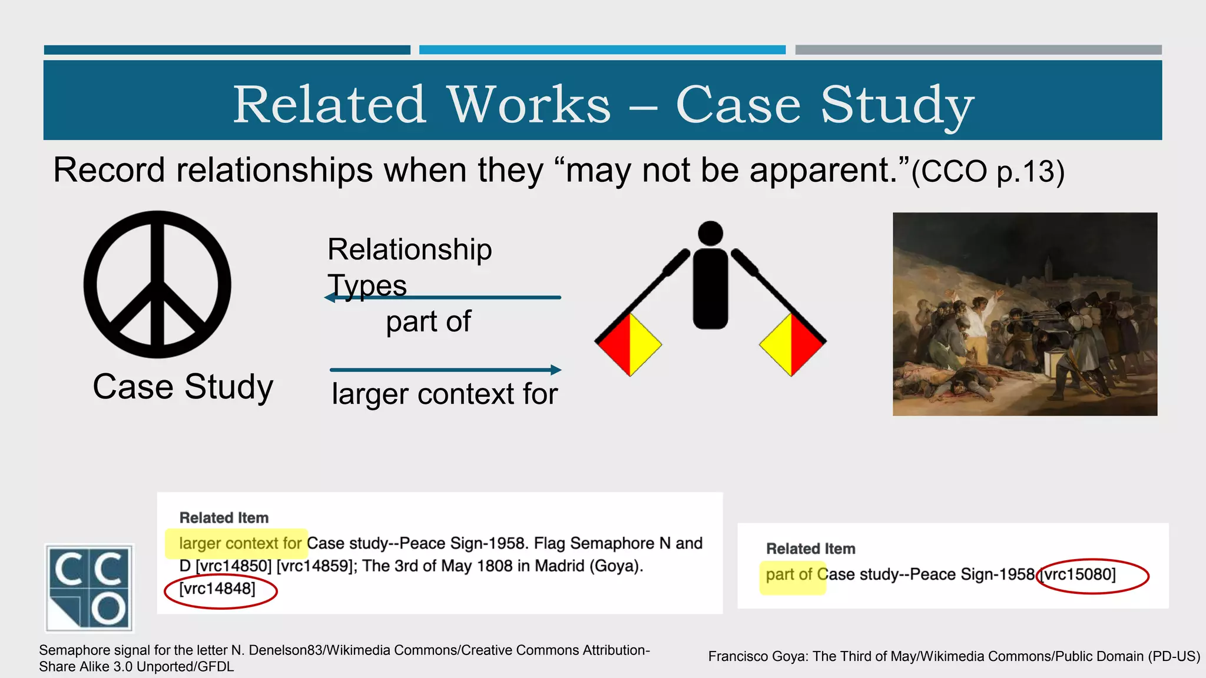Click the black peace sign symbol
pos(157,284)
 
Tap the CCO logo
pos(90,587)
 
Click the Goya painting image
pos(1025,314)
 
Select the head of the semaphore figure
pos(710,233)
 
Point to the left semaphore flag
pos(629,344)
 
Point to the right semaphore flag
pos(792,344)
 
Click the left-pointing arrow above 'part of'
pos(442,298)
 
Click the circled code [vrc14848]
pos(217,589)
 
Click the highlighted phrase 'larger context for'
pos(240,543)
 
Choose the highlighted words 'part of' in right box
pos(789,574)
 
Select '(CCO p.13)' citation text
pos(988,171)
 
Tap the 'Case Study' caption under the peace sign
pos(183,387)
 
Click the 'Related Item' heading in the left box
pos(224,518)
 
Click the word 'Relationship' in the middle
pos(409,250)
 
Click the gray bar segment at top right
pos(978,50)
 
